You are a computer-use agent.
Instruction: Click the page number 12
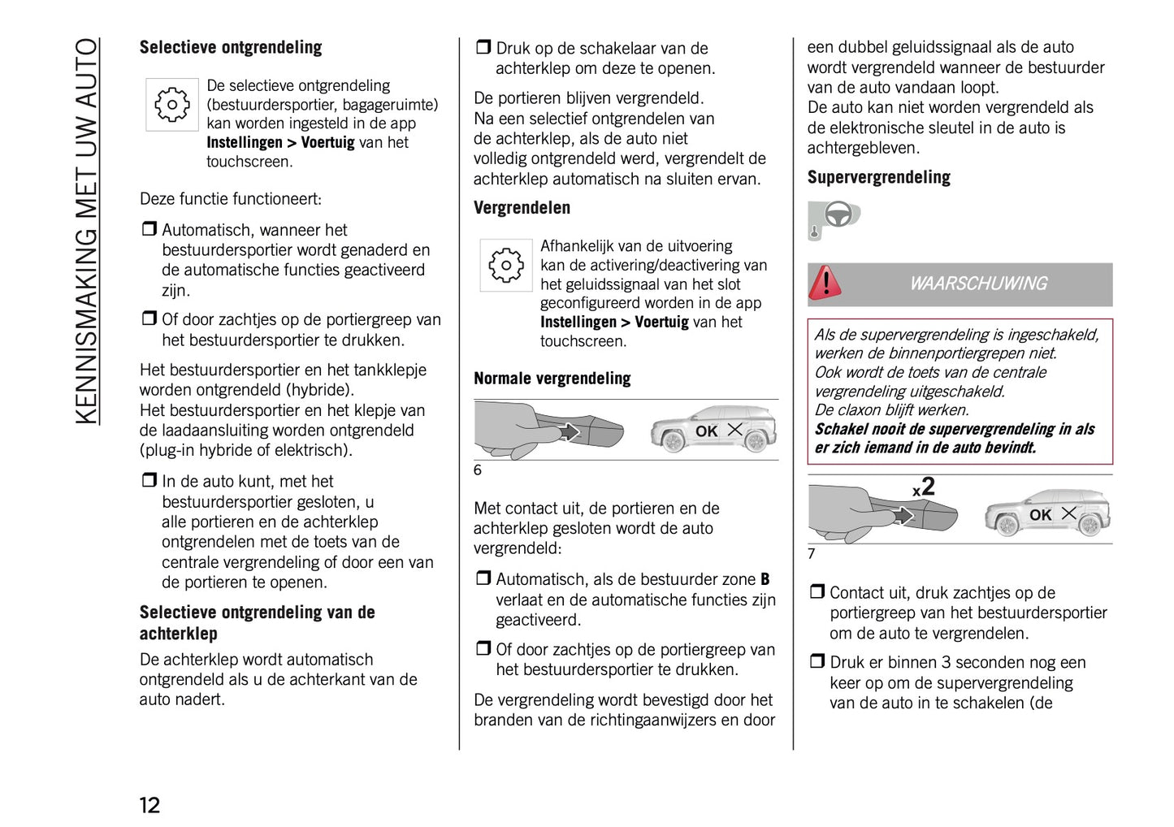click(149, 804)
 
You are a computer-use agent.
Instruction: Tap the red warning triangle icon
click(825, 283)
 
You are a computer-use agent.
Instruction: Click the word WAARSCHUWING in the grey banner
click(977, 284)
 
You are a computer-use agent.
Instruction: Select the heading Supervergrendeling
click(878, 177)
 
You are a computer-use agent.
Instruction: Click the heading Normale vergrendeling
click(552, 379)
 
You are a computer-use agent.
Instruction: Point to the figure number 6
click(478, 470)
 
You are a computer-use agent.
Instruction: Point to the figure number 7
click(811, 554)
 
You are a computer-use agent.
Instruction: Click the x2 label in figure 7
click(924, 487)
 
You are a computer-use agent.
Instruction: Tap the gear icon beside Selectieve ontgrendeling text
click(171, 105)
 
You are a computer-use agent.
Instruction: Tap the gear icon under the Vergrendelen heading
click(505, 266)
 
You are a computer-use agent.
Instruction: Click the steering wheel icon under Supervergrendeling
click(834, 218)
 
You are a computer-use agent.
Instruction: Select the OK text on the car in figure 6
click(706, 431)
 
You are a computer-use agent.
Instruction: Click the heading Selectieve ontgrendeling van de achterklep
click(257, 623)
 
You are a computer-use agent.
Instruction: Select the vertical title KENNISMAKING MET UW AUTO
click(87, 231)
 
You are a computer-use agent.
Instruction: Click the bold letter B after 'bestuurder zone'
click(765, 580)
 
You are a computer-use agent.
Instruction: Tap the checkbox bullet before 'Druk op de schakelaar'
click(483, 48)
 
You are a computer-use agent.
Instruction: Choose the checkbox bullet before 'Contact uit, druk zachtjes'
click(817, 592)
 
